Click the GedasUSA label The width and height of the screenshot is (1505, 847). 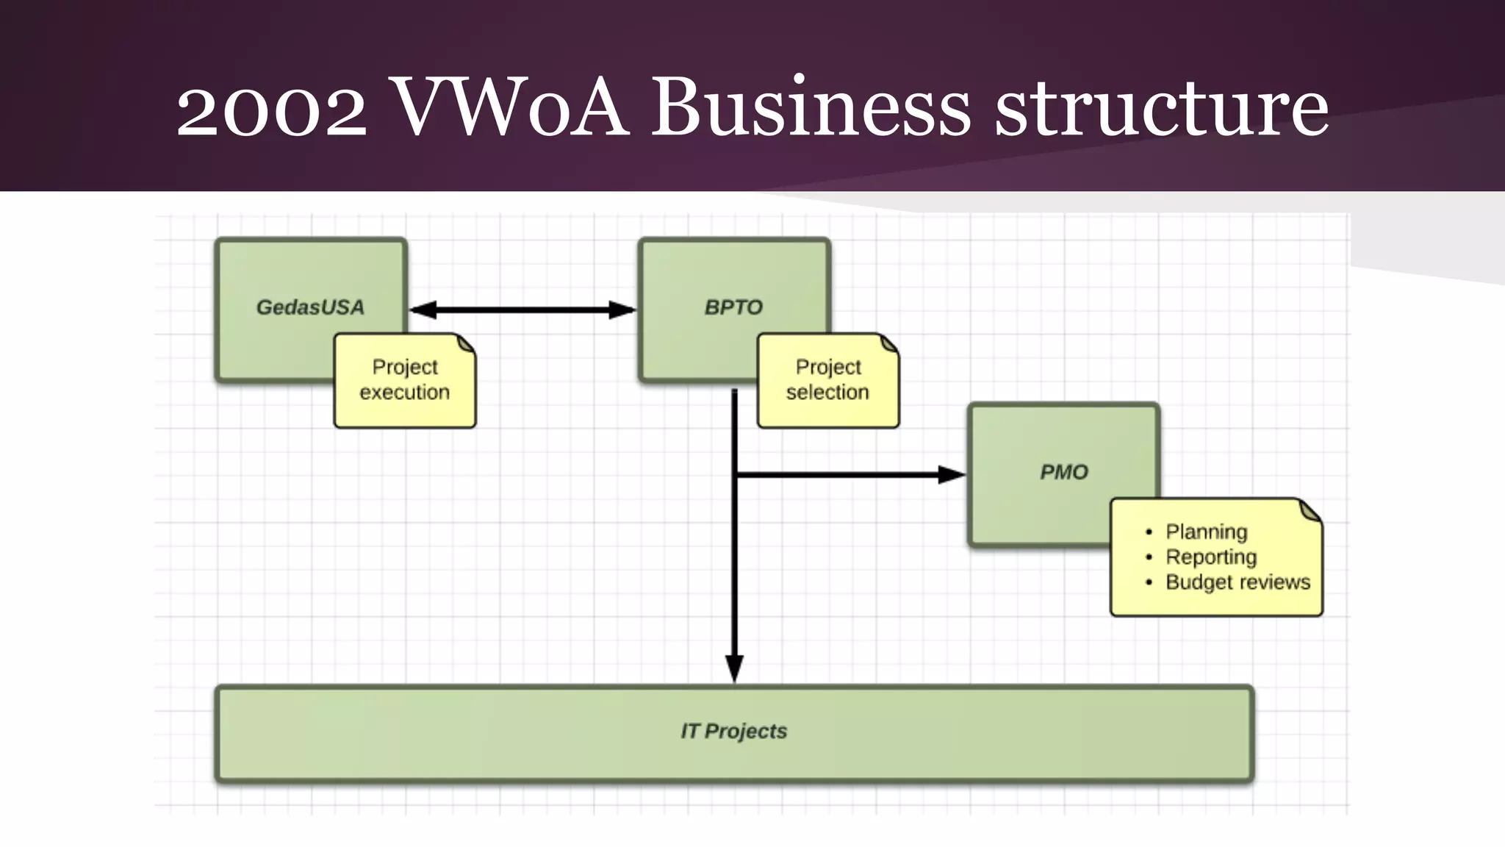coord(310,307)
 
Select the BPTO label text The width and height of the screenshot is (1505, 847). coord(733,307)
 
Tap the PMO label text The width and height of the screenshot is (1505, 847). coord(1063,472)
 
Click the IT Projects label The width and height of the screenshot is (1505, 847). coord(733,731)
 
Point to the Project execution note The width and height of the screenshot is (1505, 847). coord(404,380)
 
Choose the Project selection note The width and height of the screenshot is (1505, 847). coord(827,380)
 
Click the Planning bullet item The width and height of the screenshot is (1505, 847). coord(1206,532)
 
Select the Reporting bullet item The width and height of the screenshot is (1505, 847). coord(1210,557)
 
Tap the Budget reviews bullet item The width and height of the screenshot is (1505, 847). coord(1238,582)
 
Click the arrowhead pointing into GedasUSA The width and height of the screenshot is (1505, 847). coord(422,310)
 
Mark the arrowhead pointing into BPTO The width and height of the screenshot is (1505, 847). coord(623,310)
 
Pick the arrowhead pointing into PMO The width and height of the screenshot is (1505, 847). coord(952,475)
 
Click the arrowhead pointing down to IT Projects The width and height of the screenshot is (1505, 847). coord(734,668)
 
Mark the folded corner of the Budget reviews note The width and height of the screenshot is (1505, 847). coord(1310,509)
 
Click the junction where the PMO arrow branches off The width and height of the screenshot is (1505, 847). coord(735,475)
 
